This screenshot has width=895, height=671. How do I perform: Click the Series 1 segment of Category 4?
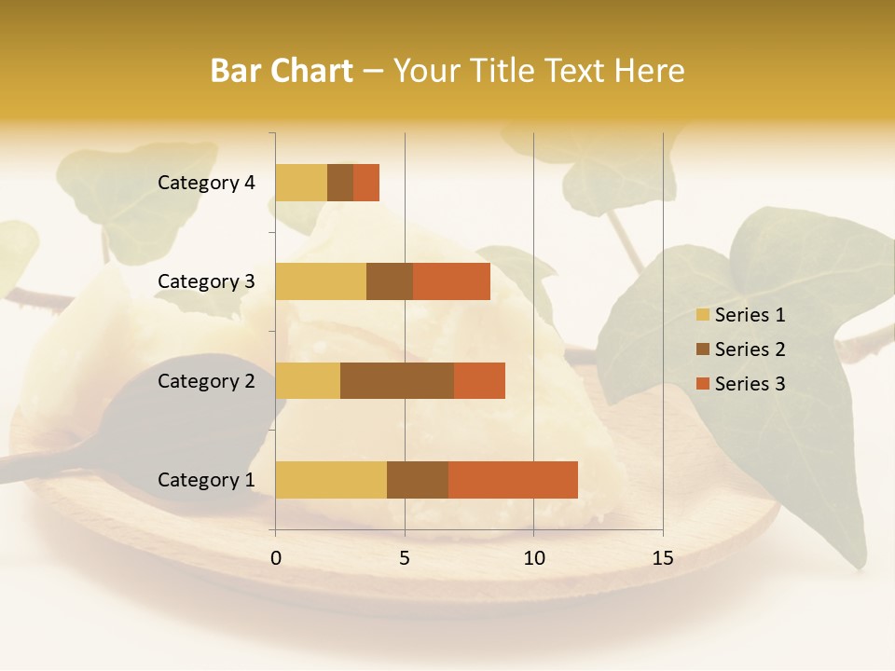point(301,183)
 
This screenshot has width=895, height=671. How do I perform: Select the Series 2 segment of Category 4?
point(340,183)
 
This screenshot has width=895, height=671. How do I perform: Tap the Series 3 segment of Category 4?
point(366,183)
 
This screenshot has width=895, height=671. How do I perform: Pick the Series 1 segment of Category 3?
point(321,281)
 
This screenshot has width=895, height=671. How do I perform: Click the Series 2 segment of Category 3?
point(390,281)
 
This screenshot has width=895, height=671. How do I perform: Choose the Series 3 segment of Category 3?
point(451,281)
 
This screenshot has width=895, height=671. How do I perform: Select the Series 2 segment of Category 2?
point(397,380)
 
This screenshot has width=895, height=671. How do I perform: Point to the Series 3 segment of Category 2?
point(479,380)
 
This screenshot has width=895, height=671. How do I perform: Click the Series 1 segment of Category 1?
point(331,480)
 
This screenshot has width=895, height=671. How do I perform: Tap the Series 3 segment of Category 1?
point(513,480)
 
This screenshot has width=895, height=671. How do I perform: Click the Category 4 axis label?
point(206,183)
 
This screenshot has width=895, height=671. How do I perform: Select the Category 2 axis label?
point(206,381)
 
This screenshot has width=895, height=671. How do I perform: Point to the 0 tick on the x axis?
point(276,558)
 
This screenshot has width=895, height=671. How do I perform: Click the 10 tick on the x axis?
point(533,558)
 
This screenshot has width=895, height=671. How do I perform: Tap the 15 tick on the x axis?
point(663,558)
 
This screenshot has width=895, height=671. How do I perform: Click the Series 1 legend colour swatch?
point(702,315)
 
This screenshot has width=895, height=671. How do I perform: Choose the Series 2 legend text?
point(750,349)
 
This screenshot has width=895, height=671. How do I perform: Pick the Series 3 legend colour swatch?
point(702,384)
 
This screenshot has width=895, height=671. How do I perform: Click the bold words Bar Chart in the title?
point(282,71)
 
